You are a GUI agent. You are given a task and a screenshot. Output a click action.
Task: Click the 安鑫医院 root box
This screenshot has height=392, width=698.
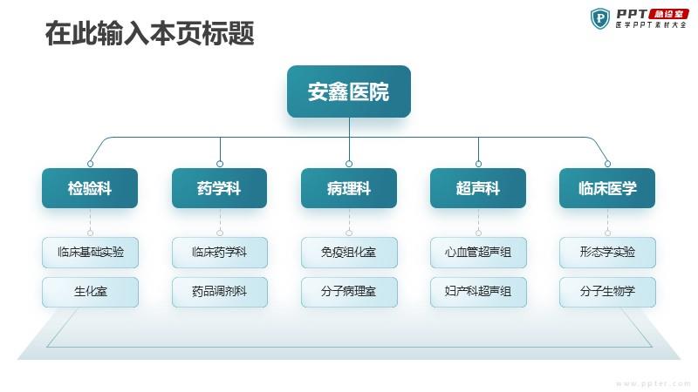pos(348,91)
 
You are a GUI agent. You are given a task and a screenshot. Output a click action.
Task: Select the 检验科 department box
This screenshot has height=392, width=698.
pos(90,188)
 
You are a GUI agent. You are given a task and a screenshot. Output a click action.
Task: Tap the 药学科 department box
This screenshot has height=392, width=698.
pos(220,188)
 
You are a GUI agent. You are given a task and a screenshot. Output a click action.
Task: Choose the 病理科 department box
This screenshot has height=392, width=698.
pos(349,188)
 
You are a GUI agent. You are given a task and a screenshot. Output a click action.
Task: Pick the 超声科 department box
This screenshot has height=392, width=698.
pos(478,188)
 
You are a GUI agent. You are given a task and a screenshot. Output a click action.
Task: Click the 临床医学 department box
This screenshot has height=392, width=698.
pos(607,188)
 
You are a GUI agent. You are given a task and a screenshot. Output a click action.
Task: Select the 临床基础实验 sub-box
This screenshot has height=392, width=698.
pos(91,253)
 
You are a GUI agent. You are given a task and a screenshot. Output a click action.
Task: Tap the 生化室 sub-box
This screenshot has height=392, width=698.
pos(91,292)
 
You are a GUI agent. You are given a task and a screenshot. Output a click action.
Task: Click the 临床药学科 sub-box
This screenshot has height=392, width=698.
pos(220,253)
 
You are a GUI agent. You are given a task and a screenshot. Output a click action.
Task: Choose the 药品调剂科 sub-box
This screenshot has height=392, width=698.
pos(220,292)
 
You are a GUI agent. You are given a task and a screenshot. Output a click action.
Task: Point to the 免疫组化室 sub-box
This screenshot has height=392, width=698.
pos(349,253)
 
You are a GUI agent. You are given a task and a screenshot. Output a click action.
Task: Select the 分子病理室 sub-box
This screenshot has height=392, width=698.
pos(349,292)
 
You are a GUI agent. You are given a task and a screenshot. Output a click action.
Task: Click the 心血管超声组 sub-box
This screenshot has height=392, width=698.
pos(478,253)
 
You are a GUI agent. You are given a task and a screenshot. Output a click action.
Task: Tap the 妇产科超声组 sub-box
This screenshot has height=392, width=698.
pos(478,292)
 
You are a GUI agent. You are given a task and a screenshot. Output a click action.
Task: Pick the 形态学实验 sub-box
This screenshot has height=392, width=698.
pos(607,253)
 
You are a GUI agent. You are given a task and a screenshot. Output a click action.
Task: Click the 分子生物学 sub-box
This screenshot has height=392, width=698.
pos(607,292)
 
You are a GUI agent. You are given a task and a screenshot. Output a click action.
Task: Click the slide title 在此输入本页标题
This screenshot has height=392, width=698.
pos(149,33)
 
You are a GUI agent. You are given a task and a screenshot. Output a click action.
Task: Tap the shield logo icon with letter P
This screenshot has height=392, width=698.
pos(600,18)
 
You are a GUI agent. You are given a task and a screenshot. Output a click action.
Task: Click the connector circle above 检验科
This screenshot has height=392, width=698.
pos(91,164)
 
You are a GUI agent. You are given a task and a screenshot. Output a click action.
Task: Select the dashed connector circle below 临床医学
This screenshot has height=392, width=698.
pos(607,233)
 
